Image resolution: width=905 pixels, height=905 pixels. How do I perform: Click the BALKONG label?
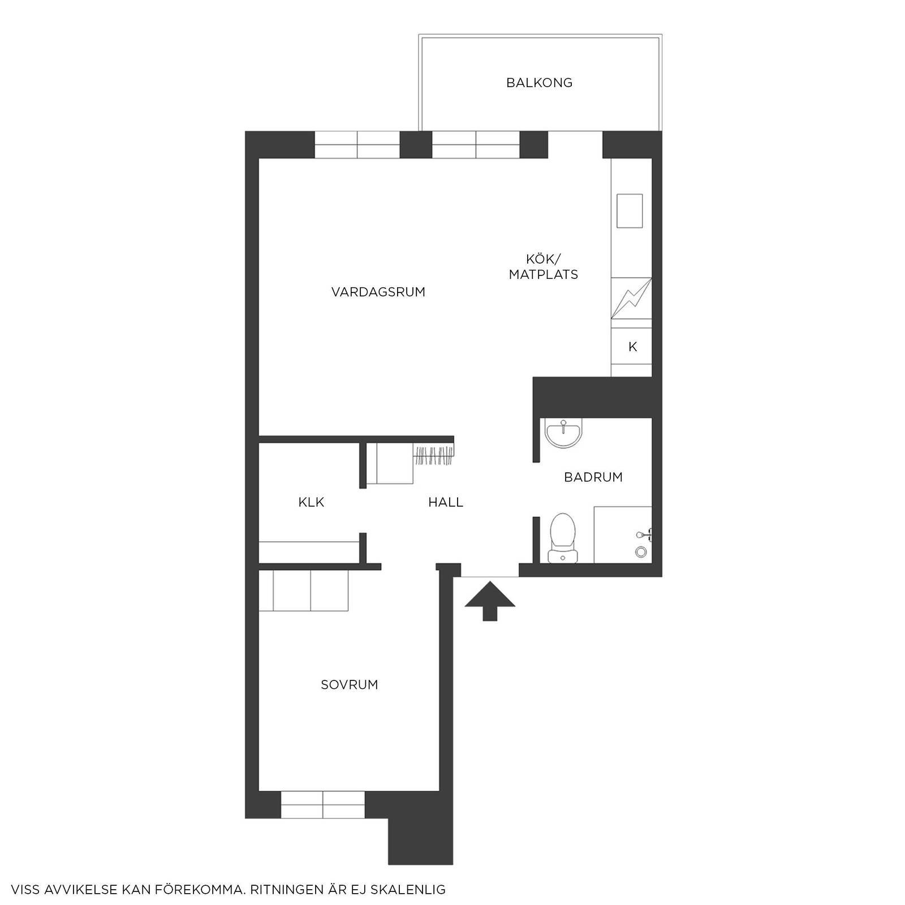click(539, 83)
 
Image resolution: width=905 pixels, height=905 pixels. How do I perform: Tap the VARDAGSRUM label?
click(378, 292)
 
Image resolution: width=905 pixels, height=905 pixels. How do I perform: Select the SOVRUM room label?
click(349, 685)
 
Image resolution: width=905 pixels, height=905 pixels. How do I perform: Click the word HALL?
click(446, 502)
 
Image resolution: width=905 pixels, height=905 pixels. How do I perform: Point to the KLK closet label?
click(311, 502)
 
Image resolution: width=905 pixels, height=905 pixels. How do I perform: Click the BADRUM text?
click(593, 477)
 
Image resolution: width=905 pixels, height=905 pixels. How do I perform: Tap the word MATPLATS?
click(543, 275)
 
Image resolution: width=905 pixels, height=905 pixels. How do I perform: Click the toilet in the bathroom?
click(563, 538)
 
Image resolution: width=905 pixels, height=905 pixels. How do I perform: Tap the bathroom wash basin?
click(563, 434)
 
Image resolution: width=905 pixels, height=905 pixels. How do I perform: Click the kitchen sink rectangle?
click(630, 210)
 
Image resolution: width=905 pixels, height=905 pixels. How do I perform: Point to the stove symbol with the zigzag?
click(631, 298)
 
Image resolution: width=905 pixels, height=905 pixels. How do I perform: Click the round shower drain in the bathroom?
click(641, 551)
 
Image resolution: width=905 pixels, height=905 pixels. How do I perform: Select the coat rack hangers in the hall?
click(434, 456)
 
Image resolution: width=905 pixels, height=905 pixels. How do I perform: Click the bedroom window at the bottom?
click(323, 805)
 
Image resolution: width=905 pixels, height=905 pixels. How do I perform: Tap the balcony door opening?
click(575, 145)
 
